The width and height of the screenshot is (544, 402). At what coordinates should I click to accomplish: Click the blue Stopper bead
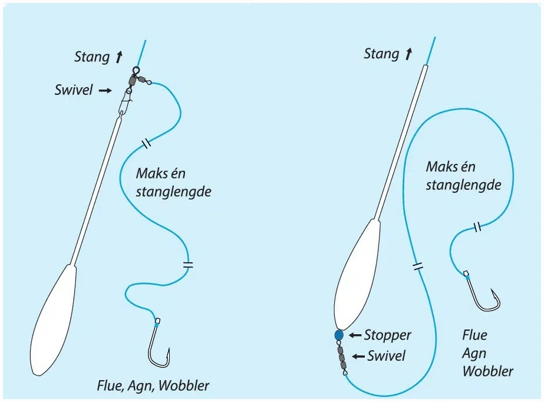[338, 335]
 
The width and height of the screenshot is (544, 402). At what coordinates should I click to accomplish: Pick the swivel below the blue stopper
[341, 357]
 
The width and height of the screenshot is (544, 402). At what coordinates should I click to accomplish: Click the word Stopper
[387, 335]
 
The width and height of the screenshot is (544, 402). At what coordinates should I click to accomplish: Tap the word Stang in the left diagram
[92, 57]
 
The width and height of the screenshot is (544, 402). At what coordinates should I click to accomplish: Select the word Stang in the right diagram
[381, 54]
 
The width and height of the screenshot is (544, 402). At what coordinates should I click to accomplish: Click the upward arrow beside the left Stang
[119, 57]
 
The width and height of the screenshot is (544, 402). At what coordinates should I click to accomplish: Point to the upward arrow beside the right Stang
[408, 54]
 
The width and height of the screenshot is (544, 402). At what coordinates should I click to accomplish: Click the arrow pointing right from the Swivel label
[105, 91]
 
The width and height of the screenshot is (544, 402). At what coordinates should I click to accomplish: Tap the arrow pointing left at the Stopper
[356, 335]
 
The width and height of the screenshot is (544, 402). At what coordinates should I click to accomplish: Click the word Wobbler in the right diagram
[487, 371]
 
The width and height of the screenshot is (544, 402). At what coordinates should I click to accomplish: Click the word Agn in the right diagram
[474, 354]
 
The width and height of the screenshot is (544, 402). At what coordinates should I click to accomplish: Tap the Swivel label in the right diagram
[387, 356]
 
